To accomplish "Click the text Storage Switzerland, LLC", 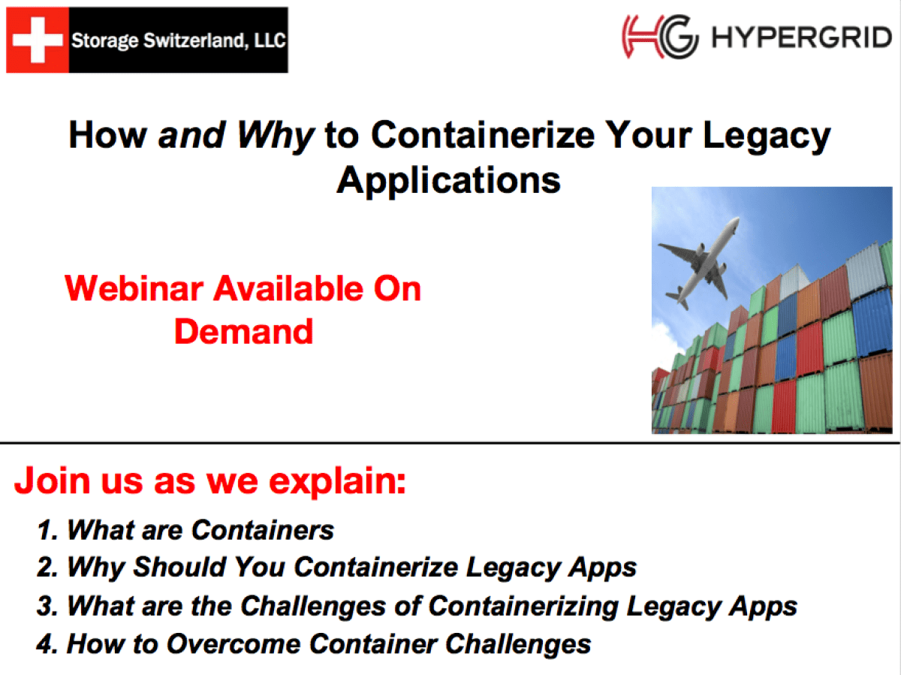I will click(x=178, y=40).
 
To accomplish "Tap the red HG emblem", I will click(x=659, y=37).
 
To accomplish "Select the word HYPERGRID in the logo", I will click(x=801, y=38).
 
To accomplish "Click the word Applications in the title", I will click(x=448, y=181).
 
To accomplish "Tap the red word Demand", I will click(x=243, y=331).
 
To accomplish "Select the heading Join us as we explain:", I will click(x=209, y=481).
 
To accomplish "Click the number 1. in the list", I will click(x=48, y=530).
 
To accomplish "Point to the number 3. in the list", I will click(x=48, y=606).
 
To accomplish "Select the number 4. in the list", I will click(x=48, y=644).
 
